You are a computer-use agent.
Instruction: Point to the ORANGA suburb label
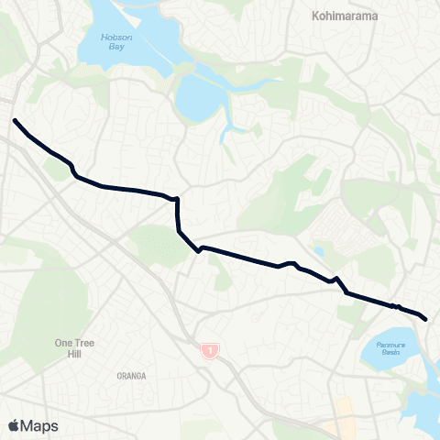pos(132,376)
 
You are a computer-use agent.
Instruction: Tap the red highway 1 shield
pos(211,350)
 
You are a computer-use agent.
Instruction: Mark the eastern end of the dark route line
pos(426,319)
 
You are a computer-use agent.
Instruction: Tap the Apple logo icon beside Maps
pos(13,425)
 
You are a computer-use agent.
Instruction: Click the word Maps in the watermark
pos(39,425)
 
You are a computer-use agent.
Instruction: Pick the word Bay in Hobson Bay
pos(117,47)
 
